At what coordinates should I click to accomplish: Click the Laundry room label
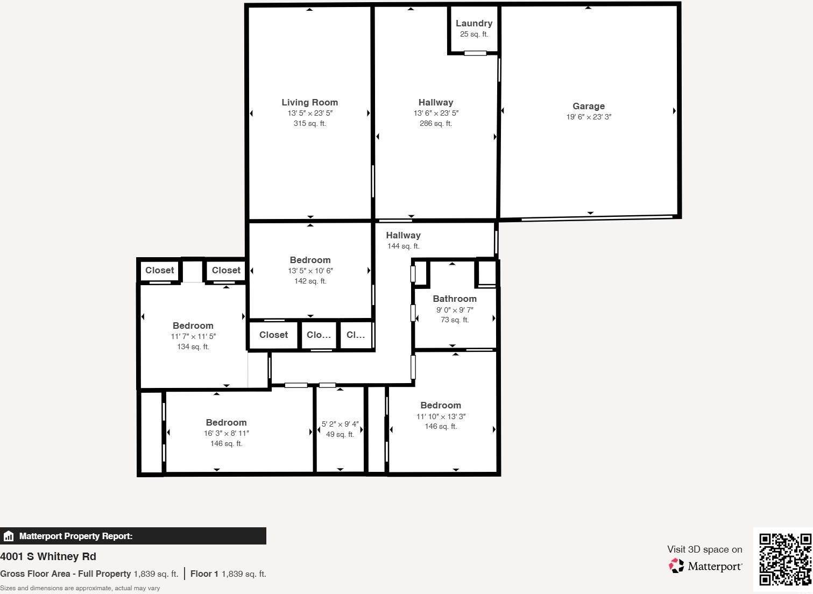[x=473, y=23]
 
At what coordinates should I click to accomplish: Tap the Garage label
[x=588, y=106]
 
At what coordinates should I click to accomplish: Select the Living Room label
[x=309, y=102]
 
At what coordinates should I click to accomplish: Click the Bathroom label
[x=455, y=299]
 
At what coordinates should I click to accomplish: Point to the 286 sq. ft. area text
[x=435, y=123]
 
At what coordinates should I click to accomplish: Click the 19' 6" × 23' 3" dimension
[x=588, y=117]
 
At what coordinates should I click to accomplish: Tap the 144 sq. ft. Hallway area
[x=403, y=246]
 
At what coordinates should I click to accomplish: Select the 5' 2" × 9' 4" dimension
[x=340, y=424]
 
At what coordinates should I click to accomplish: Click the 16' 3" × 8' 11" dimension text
[x=226, y=433]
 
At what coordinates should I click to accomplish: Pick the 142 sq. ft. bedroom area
[x=310, y=281]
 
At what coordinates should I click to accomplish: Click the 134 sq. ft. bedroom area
[x=193, y=346]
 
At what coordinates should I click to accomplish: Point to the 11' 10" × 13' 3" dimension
[x=441, y=416]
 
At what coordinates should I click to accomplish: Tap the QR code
[x=784, y=559]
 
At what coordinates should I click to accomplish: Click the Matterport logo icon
[x=676, y=565]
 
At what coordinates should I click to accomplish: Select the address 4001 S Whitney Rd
[x=48, y=556]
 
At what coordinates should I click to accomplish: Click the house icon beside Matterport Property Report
[x=8, y=536]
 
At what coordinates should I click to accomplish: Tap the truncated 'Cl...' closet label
[x=356, y=335]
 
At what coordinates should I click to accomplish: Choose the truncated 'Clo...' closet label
[x=319, y=335]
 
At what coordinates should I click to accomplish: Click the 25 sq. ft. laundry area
[x=473, y=34]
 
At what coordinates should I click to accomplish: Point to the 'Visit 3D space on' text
[x=704, y=549]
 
